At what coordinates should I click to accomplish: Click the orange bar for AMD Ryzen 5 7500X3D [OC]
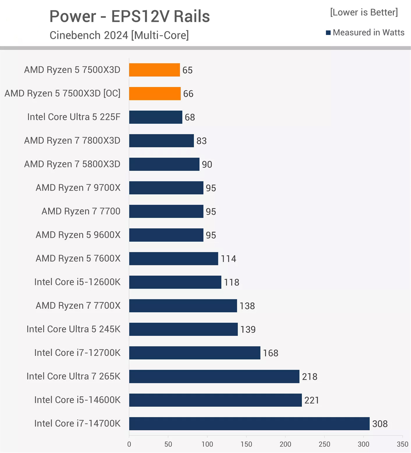point(155,94)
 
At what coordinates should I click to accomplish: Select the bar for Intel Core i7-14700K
point(249,423)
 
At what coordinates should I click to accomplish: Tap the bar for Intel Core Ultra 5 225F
point(156,117)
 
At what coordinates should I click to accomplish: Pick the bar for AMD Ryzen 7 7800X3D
point(161,141)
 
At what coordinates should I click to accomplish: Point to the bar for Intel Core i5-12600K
point(175,282)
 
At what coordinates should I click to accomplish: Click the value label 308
point(380,424)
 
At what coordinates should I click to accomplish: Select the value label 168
point(270,353)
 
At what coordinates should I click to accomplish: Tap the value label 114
point(228,259)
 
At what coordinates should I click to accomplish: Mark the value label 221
point(312,400)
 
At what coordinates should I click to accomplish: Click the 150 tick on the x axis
point(246,444)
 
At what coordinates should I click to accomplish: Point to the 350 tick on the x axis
point(402,444)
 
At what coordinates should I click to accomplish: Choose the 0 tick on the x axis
point(129,444)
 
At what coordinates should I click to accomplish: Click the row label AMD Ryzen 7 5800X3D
point(72,164)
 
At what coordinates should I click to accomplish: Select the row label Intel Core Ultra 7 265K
point(73,376)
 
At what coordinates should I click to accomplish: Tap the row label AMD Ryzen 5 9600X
point(78,235)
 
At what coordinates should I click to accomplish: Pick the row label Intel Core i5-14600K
point(77,400)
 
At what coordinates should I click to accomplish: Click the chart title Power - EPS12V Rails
point(130,16)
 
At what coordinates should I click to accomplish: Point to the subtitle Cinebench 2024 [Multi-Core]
point(119,35)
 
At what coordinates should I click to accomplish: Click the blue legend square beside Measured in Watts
point(328,33)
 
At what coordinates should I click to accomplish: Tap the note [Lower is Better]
point(364,12)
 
